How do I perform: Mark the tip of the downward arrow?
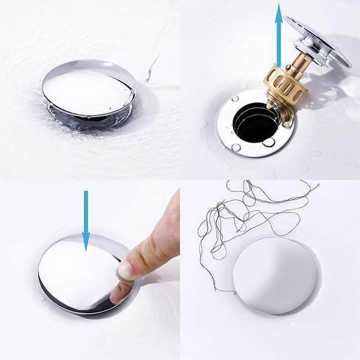pos(86,249)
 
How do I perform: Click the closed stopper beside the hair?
pos(273,276)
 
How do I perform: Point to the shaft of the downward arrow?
pos(86,210)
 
